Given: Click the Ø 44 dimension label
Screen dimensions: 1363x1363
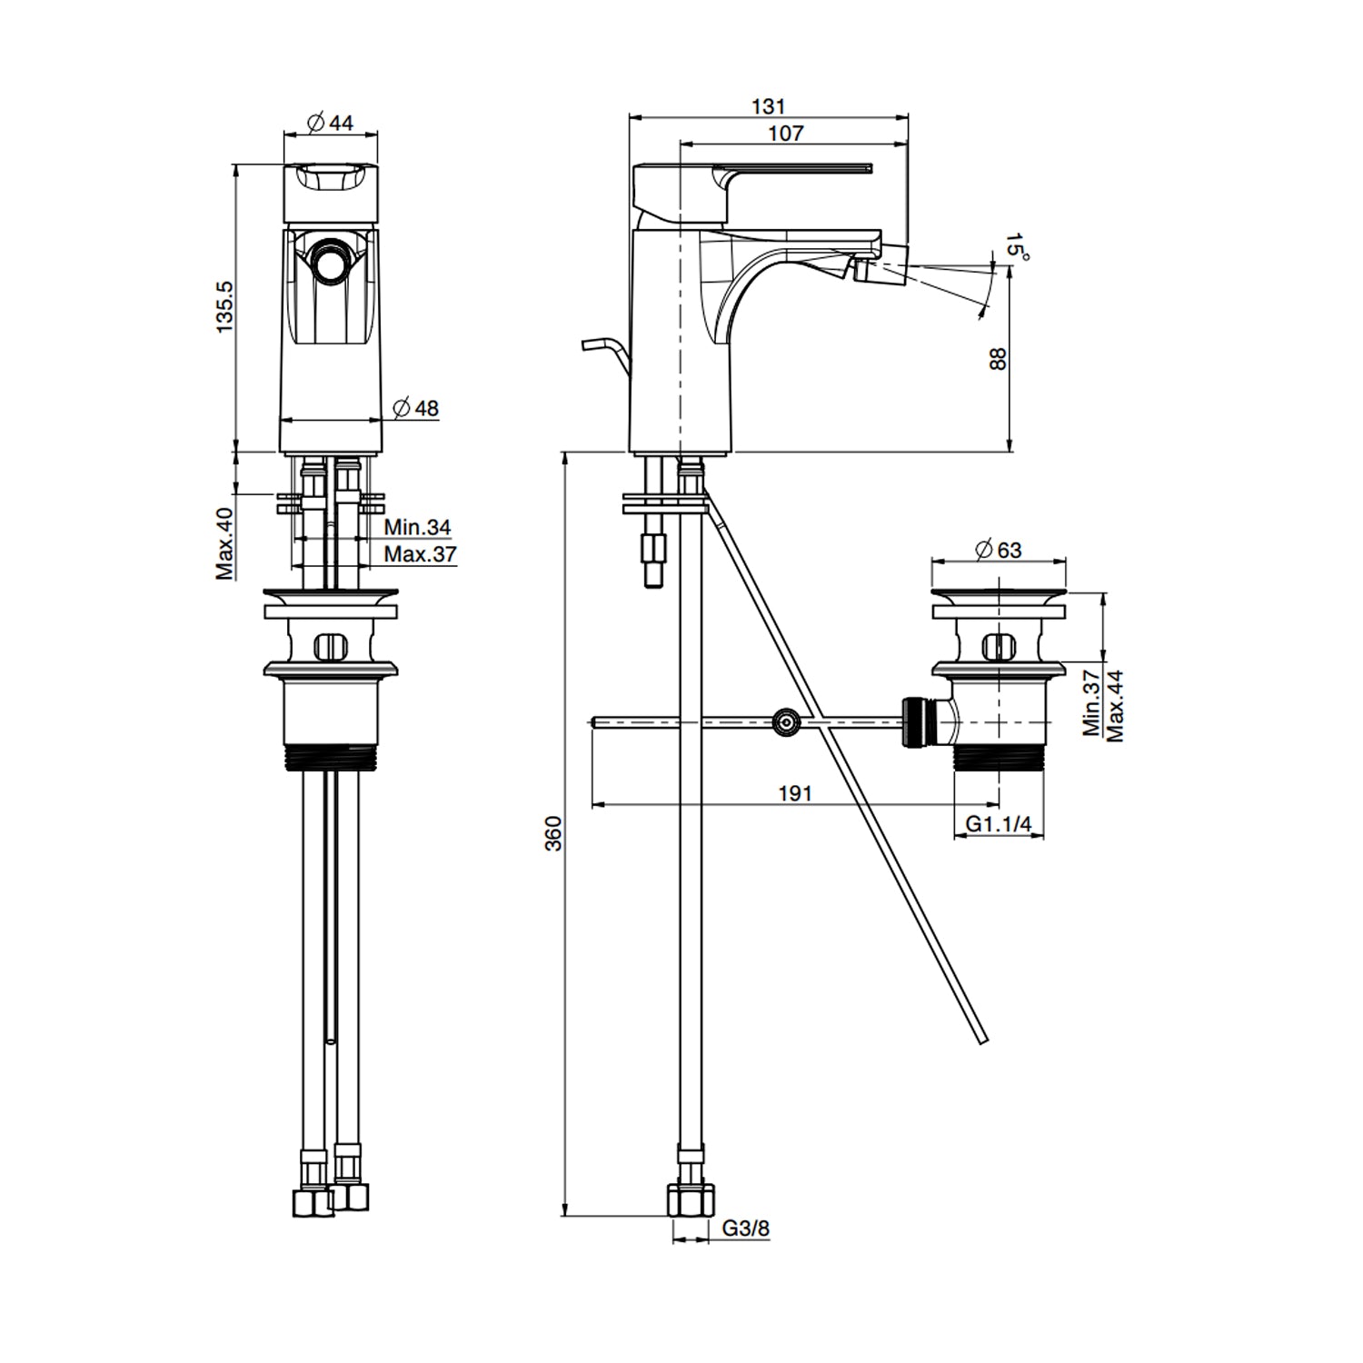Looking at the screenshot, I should (x=331, y=123).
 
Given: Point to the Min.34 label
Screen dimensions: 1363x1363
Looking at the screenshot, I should (x=417, y=527).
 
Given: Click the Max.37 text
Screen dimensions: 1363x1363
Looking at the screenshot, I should (x=420, y=553).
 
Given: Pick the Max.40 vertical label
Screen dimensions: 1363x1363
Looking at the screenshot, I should (x=225, y=542).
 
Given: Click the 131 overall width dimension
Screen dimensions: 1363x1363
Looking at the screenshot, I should (x=768, y=106).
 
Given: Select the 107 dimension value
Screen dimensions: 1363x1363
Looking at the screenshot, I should (x=786, y=133).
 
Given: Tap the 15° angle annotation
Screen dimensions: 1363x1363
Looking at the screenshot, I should (x=1017, y=246).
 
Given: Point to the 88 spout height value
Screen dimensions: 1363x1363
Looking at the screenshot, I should (x=998, y=358).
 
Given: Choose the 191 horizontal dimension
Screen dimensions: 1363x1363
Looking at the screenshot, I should (x=794, y=793).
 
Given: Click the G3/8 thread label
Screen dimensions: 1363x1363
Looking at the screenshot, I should (x=747, y=1229).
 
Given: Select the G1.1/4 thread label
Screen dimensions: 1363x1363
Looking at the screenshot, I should (x=999, y=824).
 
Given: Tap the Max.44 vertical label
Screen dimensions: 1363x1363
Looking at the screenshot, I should (x=1115, y=705).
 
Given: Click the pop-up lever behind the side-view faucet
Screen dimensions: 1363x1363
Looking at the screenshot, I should (x=604, y=349).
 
